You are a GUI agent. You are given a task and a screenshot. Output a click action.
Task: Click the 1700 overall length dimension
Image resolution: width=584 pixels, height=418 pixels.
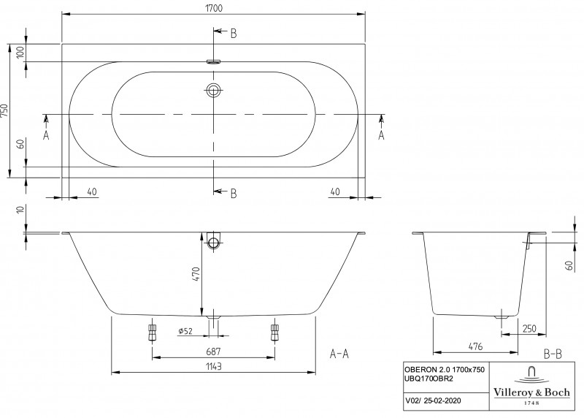pyautogui.click(x=214, y=7)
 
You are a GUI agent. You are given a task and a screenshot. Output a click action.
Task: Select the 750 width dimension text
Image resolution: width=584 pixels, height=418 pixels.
pyautogui.click(x=6, y=110)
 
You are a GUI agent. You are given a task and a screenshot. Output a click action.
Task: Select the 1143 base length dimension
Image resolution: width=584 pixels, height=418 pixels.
pyautogui.click(x=213, y=367)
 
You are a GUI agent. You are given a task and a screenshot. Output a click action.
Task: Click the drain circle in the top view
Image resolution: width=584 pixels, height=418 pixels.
pyautogui.click(x=214, y=91)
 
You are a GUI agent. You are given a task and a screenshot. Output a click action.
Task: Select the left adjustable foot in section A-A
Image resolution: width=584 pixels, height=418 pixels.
pyautogui.click(x=153, y=332)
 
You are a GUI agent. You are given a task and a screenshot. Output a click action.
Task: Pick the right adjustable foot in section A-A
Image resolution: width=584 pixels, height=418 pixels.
pyautogui.click(x=275, y=332)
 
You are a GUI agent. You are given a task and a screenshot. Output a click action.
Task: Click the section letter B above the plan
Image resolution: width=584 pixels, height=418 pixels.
pyautogui.click(x=234, y=34)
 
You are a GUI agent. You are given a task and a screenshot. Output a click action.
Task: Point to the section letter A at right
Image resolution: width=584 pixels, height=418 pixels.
pyautogui.click(x=382, y=135)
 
